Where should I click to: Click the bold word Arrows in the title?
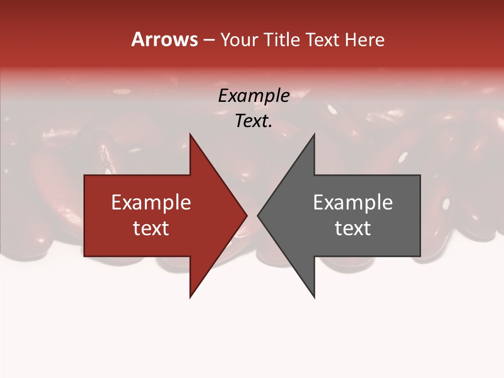click(164, 39)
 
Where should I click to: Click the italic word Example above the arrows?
click(254, 96)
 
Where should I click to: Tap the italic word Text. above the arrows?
click(254, 121)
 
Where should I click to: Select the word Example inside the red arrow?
click(151, 203)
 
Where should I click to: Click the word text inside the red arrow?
click(151, 228)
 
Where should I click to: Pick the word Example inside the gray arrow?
click(353, 203)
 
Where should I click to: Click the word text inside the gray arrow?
click(353, 228)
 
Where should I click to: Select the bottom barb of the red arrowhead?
click(191, 295)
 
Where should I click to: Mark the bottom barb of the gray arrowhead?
click(313, 295)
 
